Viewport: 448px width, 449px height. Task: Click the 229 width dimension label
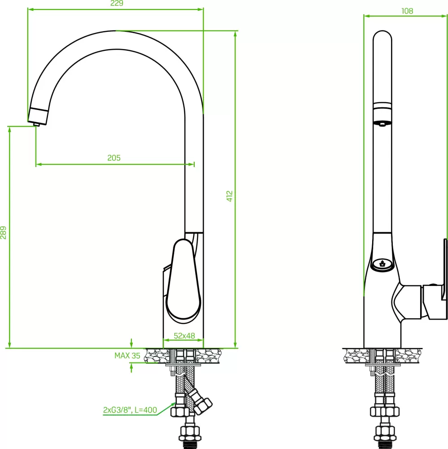click(117, 3)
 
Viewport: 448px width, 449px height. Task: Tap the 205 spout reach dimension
click(114, 158)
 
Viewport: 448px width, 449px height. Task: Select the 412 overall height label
click(229, 196)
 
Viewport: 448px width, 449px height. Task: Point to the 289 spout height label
click(3, 232)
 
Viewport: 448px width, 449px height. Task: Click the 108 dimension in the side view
click(407, 11)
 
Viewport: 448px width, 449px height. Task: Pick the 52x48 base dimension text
click(184, 335)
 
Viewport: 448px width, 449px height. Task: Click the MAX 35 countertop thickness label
click(127, 356)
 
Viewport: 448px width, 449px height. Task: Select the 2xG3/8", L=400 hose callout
click(130, 410)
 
